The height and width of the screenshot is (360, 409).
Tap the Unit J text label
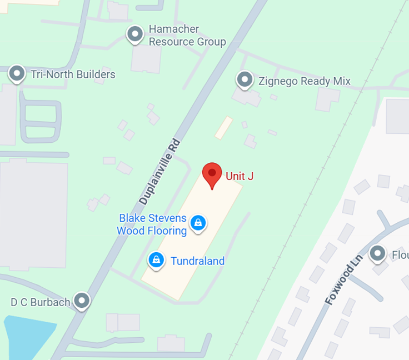(240, 176)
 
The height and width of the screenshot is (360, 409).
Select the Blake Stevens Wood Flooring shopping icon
(197, 223)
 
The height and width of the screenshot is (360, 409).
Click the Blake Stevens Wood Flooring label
(152, 224)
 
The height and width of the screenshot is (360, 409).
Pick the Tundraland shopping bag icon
(157, 259)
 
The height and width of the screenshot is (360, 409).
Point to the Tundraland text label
(197, 261)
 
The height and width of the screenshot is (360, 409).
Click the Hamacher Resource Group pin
(135, 34)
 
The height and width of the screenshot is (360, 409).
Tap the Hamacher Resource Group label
(187, 36)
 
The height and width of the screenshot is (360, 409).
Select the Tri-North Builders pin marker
(17, 73)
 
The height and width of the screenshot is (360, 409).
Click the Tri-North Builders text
(73, 74)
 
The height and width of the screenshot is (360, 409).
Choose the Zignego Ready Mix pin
(245, 80)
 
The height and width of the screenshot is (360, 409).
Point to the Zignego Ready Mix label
(304, 81)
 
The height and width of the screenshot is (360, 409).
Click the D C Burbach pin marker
(83, 301)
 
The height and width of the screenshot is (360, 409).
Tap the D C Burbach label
(41, 302)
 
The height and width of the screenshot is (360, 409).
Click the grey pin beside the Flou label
(378, 253)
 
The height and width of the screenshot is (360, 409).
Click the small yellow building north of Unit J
(223, 127)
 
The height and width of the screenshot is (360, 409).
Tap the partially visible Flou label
(400, 255)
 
